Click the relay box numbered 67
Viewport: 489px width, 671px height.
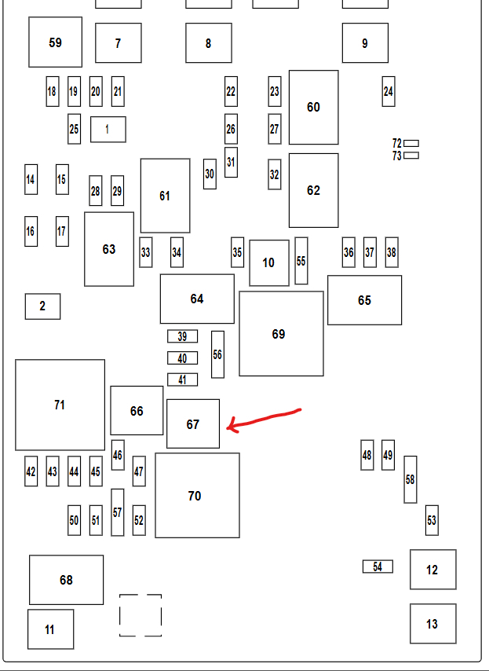coord(193,423)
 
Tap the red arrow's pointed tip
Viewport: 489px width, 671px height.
coord(228,427)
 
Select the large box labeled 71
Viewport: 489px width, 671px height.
coord(60,405)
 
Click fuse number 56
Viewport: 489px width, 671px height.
coord(217,354)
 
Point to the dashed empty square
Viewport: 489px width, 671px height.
coord(140,615)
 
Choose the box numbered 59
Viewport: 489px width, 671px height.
coord(55,42)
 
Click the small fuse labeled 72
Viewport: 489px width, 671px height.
coord(411,143)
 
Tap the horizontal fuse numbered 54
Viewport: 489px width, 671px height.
coord(378,566)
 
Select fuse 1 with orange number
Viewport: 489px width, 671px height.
coord(108,130)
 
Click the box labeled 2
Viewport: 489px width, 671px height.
coord(42,306)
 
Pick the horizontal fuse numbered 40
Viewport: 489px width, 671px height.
coord(182,358)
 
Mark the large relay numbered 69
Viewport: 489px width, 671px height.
coord(281,334)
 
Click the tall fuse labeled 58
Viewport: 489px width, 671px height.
coord(410,479)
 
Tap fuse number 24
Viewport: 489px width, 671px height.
coord(389,92)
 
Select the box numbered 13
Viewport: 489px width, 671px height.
coord(432,624)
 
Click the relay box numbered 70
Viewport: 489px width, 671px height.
coord(197,496)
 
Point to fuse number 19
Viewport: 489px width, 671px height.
coord(74,92)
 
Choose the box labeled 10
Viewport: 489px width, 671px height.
coord(269,262)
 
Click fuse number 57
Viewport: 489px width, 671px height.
coord(118,512)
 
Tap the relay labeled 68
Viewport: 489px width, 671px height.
coord(66,580)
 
